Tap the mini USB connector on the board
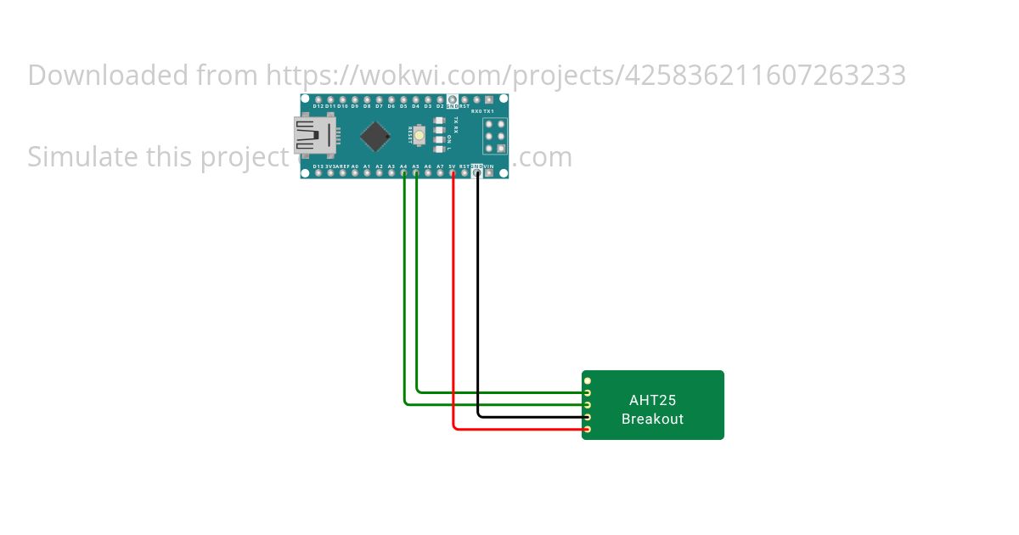[309, 136]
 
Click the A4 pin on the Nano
[404, 173]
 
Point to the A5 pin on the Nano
[416, 173]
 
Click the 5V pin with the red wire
[453, 173]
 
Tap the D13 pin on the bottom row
[318, 173]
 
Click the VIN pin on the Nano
[489, 173]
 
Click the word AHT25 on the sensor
[652, 400]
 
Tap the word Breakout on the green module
[652, 419]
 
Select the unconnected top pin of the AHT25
[587, 380]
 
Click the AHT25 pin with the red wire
[587, 429]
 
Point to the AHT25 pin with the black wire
[587, 417]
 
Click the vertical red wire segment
[453, 297]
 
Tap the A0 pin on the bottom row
[355, 173]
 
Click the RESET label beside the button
[409, 134]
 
